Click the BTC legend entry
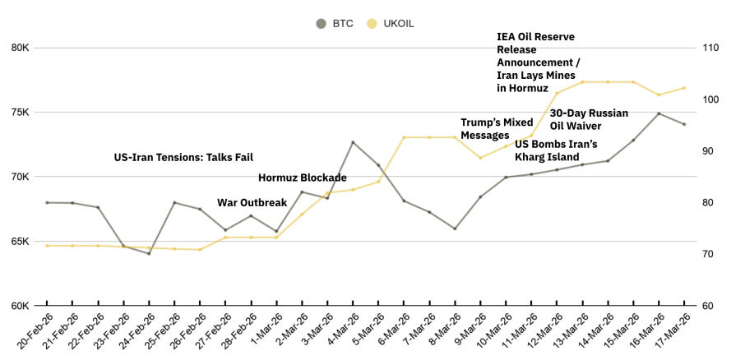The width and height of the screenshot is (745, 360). (x=335, y=23)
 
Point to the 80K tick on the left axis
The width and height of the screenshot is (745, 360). (x=20, y=48)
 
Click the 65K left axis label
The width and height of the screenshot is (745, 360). (x=20, y=242)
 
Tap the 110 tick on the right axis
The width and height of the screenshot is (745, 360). (x=708, y=48)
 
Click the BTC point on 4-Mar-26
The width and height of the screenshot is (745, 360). (x=353, y=142)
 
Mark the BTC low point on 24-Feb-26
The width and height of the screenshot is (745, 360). (x=149, y=253)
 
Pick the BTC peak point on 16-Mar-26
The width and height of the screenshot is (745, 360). (x=659, y=113)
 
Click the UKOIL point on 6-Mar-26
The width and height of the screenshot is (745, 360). (x=404, y=137)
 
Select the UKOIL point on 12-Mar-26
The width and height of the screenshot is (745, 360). (x=557, y=93)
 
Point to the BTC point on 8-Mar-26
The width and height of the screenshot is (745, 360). (x=455, y=228)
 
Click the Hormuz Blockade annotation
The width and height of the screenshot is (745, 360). (x=302, y=178)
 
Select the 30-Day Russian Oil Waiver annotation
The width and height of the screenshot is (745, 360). (x=589, y=119)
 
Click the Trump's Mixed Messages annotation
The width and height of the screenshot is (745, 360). (x=497, y=129)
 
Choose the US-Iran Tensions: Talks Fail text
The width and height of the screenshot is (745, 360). (x=183, y=157)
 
